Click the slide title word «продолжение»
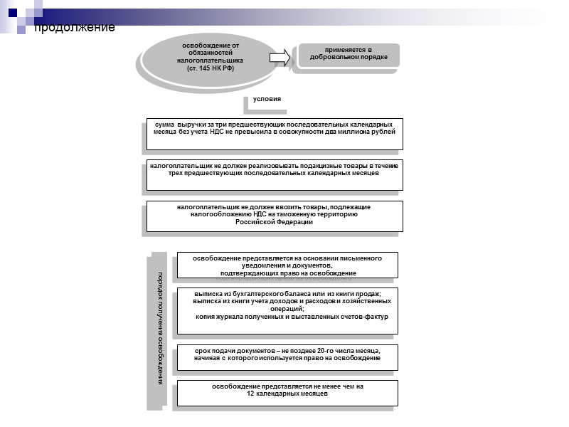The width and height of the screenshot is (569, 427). (75, 27)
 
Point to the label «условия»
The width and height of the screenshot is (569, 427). (267, 99)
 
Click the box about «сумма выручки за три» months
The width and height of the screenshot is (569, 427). (274, 133)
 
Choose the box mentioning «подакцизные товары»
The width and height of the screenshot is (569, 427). (274, 174)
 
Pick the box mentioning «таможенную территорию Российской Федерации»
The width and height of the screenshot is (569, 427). (274, 215)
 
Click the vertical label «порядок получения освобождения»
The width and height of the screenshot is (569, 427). (161, 328)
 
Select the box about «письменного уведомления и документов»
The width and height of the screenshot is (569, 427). (287, 265)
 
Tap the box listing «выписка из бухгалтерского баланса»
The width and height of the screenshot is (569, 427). (287, 305)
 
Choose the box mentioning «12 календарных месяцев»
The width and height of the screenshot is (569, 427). (287, 391)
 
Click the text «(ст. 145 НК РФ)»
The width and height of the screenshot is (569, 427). (211, 68)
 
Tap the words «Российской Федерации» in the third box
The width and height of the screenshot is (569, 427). (274, 222)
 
